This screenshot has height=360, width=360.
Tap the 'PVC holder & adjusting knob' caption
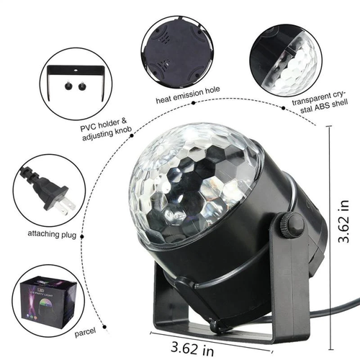[106, 135]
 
